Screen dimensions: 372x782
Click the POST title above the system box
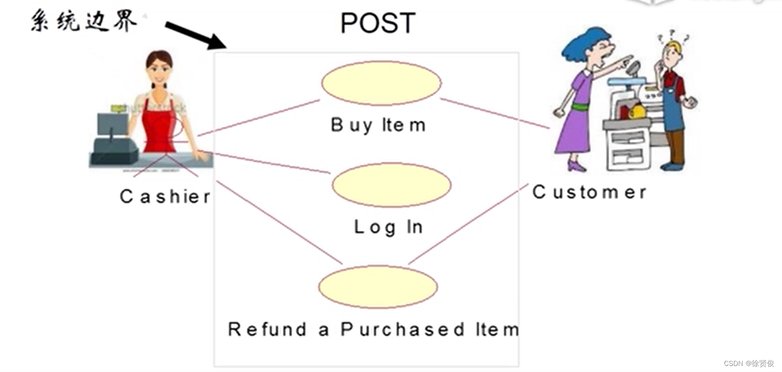click(378, 23)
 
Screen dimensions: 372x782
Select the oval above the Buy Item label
click(381, 83)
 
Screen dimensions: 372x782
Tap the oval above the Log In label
click(392, 185)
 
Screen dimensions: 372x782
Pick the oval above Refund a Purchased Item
click(378, 287)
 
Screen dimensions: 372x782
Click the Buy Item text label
click(378, 125)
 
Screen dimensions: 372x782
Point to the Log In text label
click(388, 227)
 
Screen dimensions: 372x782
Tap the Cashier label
click(165, 196)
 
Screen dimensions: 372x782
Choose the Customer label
click(589, 192)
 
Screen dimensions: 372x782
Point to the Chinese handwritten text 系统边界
click(84, 22)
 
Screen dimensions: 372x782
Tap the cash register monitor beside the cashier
click(112, 124)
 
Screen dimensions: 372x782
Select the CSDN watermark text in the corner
click(749, 363)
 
